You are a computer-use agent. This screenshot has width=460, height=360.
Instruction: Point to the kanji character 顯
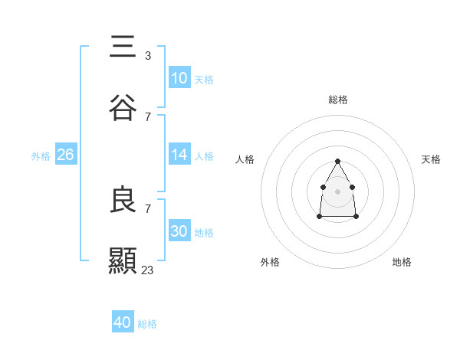(123, 260)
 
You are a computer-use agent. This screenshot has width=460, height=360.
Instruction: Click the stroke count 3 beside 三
(147, 55)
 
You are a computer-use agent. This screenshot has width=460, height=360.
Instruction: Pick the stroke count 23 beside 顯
(148, 270)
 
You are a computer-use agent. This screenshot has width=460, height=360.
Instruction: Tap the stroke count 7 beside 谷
(147, 117)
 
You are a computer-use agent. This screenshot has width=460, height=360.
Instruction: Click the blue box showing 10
(179, 78)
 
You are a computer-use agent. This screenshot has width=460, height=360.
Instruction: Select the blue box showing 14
(179, 155)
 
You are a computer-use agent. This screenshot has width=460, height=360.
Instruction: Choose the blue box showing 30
(179, 231)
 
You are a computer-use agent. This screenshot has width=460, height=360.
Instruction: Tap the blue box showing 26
(66, 155)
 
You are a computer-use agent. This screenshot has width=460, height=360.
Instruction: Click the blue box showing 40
(123, 322)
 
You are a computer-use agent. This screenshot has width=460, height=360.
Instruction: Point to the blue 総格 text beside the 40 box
(148, 324)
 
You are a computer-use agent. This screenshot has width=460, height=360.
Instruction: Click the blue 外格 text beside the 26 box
(41, 156)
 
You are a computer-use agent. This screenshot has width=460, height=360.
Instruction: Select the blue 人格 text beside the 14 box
(205, 156)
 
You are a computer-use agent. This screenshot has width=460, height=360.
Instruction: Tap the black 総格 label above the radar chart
(337, 100)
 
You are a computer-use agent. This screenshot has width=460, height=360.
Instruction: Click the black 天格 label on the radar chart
(431, 159)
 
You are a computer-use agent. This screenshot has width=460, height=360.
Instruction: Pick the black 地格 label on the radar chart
(402, 262)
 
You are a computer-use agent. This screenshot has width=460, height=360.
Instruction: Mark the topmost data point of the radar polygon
(337, 161)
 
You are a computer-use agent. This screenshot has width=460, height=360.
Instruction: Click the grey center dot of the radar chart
(337, 190)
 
